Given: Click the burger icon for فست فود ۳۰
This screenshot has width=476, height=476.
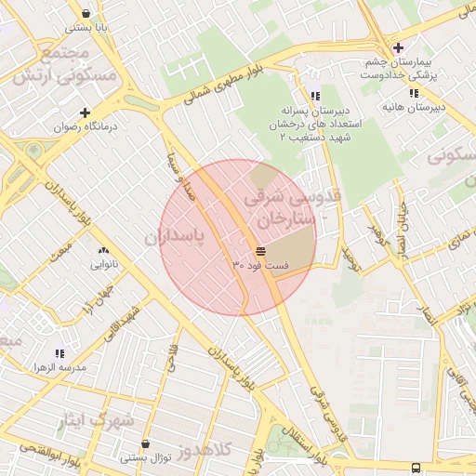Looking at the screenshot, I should point(259,252).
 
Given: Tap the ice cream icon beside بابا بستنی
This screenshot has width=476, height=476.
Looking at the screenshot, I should point(86,14).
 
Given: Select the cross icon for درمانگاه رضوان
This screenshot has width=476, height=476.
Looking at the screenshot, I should point(85,112).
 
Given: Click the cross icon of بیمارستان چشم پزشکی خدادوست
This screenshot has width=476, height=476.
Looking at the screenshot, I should point(398,48).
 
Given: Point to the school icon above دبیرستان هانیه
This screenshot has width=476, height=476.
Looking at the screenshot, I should point(413,93).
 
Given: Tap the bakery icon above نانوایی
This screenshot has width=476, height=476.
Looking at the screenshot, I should point(102,250).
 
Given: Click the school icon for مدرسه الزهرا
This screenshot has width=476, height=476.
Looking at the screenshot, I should point(60,353).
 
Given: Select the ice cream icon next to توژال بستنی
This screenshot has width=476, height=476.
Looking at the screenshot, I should point(126,458).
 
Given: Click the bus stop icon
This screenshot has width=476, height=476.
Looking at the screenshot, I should point(415,468).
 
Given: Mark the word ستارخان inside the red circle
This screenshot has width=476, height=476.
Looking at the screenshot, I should point(282,219).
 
